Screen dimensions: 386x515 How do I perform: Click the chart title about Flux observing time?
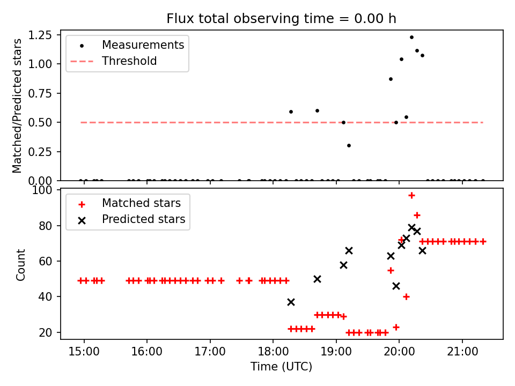click(281, 19)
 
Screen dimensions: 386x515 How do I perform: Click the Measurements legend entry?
click(143, 45)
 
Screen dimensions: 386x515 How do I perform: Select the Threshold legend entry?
click(129, 61)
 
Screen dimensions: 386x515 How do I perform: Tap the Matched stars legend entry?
click(141, 203)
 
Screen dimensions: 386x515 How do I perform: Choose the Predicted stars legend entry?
click(143, 219)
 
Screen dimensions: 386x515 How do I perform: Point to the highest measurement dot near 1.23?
click(411, 37)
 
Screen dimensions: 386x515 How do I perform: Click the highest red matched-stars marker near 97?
click(411, 195)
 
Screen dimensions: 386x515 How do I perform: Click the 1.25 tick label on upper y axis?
click(40, 35)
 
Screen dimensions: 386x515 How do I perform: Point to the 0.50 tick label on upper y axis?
click(40, 122)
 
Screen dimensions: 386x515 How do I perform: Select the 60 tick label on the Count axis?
click(46, 262)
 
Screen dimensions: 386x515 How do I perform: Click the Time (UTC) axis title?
click(281, 367)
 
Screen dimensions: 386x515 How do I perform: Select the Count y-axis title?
click(21, 264)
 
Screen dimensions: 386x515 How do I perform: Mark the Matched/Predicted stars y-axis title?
click(18, 106)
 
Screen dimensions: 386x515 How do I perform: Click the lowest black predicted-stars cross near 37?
click(291, 302)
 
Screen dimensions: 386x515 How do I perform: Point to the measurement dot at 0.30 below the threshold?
click(349, 145)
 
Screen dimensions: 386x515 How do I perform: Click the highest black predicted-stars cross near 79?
click(411, 227)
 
